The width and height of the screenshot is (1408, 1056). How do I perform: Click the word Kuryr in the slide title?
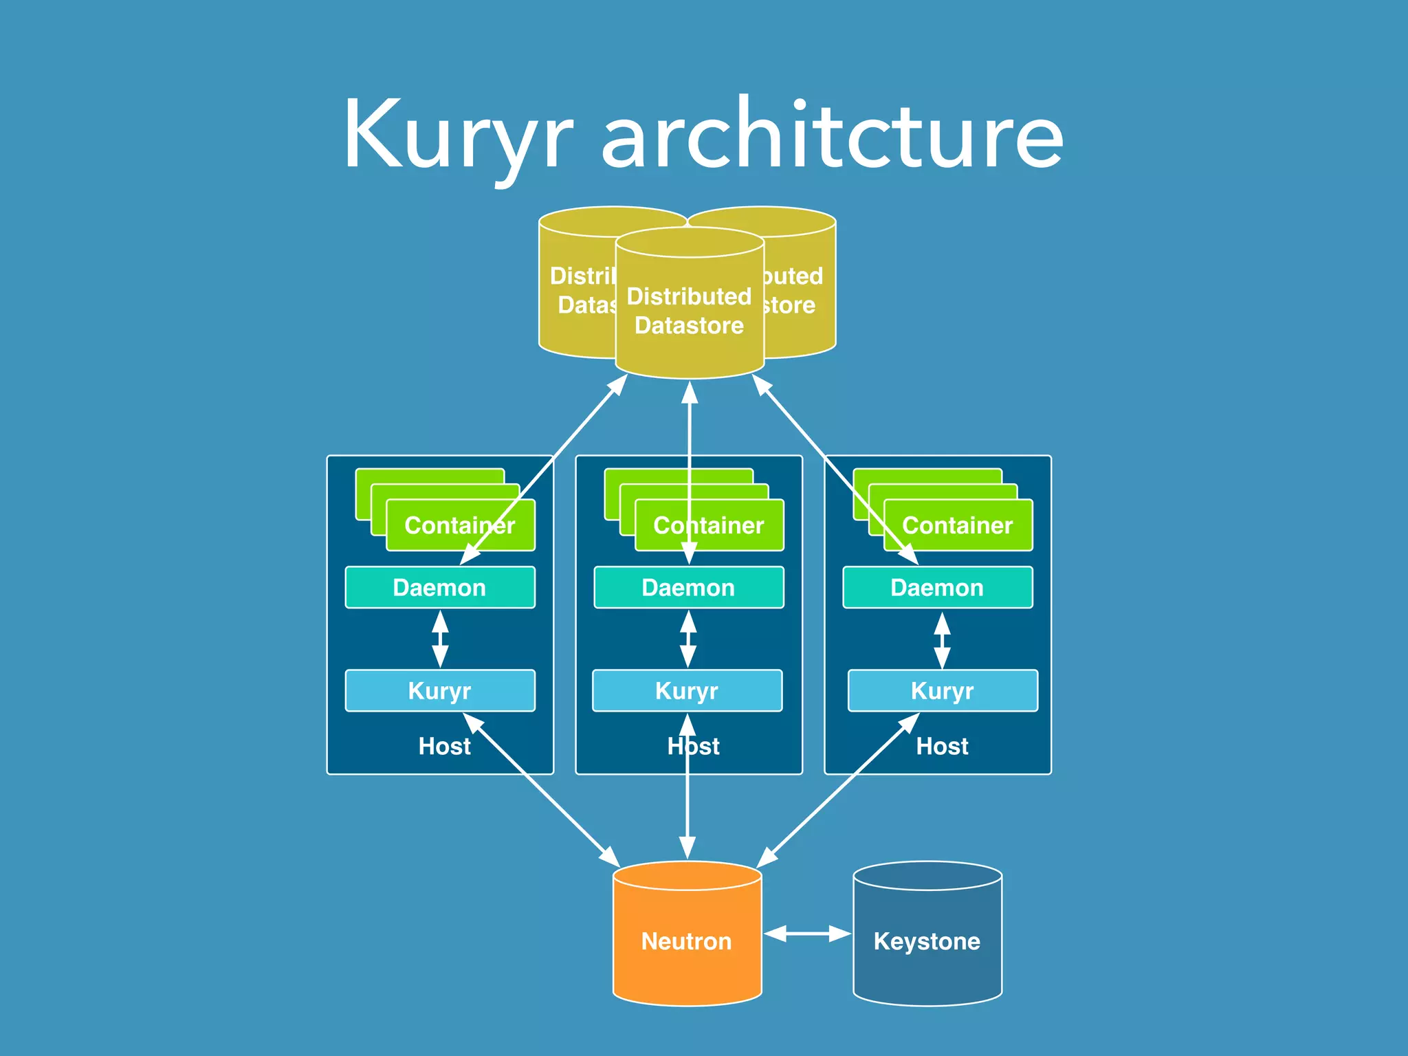coord(457,134)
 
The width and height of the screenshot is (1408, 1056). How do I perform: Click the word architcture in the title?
coord(832,134)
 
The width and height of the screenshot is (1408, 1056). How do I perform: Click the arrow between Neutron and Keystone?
coord(807,934)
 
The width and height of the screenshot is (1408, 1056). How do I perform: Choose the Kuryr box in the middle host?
coord(736,690)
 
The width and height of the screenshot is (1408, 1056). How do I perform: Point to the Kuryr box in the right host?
coord(990,690)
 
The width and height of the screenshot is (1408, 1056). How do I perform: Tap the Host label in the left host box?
coord(444,747)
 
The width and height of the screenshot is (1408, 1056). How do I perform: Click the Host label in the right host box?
coord(942,747)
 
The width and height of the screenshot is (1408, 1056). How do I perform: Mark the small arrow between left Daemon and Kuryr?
coord(440,639)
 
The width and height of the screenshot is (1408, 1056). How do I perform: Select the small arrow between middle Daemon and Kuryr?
coord(688,639)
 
